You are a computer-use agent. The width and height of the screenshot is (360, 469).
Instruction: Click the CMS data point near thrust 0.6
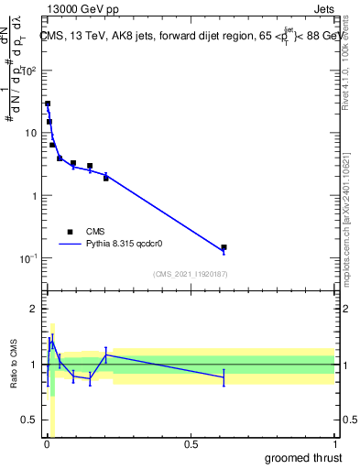(224, 247)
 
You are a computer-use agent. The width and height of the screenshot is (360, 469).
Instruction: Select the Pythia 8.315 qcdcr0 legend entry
(129, 245)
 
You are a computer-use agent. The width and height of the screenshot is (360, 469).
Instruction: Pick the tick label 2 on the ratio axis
(36, 309)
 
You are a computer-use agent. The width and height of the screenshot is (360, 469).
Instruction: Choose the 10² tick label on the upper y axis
(31, 71)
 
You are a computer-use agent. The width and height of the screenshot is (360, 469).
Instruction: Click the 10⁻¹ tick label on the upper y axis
(31, 258)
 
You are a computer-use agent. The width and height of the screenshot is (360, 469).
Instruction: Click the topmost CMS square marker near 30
(48, 104)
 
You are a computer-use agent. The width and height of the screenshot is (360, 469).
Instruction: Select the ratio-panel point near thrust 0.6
(224, 376)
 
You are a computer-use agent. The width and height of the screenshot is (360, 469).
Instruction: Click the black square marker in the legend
(70, 232)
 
